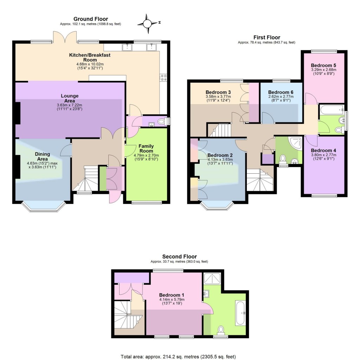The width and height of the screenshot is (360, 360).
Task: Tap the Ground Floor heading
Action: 90,19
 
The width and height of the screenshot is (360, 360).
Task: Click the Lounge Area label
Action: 70,98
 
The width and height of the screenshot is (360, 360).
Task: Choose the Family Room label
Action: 146,148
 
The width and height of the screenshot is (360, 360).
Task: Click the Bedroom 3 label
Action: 215,92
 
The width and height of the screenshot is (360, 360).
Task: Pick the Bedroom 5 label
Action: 323,65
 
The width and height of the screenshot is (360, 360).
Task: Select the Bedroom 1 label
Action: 172,295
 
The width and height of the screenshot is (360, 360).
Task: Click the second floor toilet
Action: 221,330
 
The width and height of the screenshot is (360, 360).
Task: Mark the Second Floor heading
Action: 179,257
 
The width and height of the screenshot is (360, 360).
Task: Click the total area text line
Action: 180,357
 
